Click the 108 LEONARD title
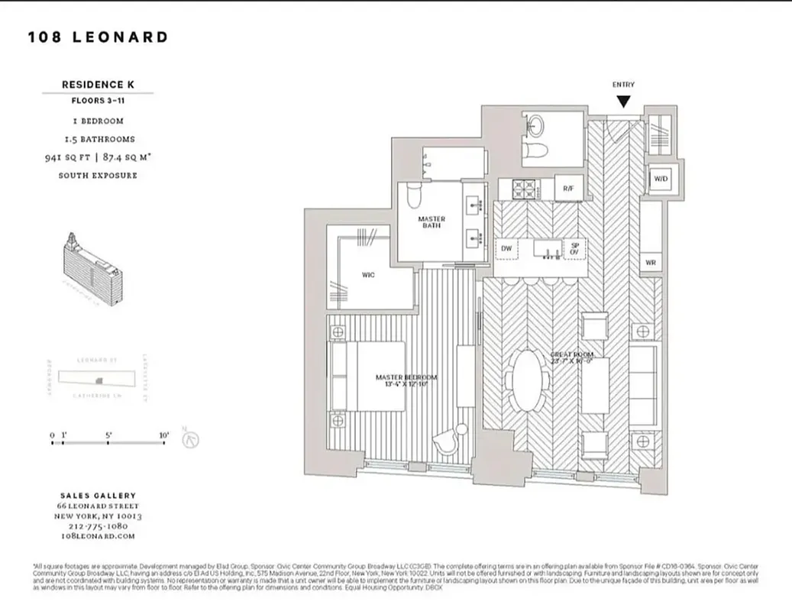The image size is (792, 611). pos(98,37)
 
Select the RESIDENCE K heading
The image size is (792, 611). pos(98,85)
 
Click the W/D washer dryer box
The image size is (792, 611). pos(659,179)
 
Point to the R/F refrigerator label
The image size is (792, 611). pos(568,188)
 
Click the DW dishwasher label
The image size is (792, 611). pos(506,248)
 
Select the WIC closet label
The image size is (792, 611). pos(367,276)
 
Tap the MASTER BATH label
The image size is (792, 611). pos(432,223)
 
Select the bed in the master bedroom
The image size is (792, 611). pos(368,377)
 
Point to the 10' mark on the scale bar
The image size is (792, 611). pos(164,435)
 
